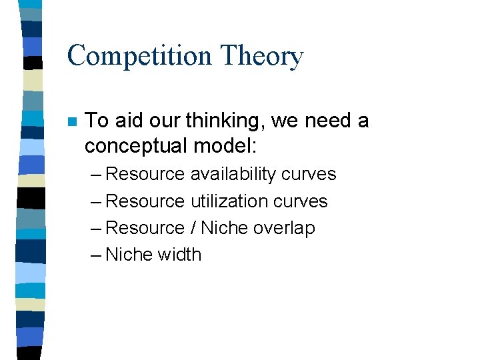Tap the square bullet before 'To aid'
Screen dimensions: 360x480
coord(73,122)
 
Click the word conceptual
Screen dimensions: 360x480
coord(136,145)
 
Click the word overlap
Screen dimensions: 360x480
coord(284,227)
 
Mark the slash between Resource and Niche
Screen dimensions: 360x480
coord(193,227)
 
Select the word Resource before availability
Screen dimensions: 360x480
coord(145,174)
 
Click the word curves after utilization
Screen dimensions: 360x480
coord(300,201)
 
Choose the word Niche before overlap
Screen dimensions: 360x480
coord(224,227)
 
